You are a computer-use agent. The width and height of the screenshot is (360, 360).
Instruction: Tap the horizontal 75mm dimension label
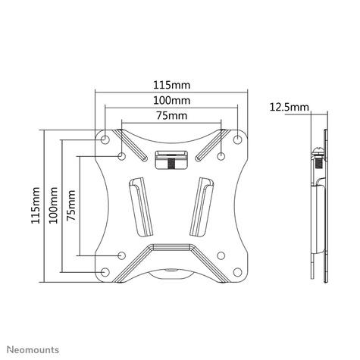(x=171, y=116)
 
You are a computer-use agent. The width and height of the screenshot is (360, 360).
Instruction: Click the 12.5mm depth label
(x=289, y=108)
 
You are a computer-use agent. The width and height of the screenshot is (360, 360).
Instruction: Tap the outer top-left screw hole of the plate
(x=105, y=139)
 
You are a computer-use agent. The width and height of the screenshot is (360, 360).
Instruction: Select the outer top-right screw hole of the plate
(x=238, y=139)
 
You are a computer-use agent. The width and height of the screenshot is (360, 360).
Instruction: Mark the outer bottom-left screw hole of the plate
(x=105, y=272)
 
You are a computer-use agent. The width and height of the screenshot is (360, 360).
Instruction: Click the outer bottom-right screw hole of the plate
(x=238, y=272)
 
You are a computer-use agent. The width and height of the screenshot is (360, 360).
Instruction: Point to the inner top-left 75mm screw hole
(x=122, y=157)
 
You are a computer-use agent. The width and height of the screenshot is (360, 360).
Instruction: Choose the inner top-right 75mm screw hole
(x=221, y=157)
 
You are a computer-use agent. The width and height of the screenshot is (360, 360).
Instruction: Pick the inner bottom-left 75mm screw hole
(x=122, y=255)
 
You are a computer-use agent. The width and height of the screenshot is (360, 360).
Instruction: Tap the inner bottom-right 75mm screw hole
(x=221, y=255)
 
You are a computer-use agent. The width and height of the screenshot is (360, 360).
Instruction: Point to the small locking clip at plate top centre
(x=171, y=158)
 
